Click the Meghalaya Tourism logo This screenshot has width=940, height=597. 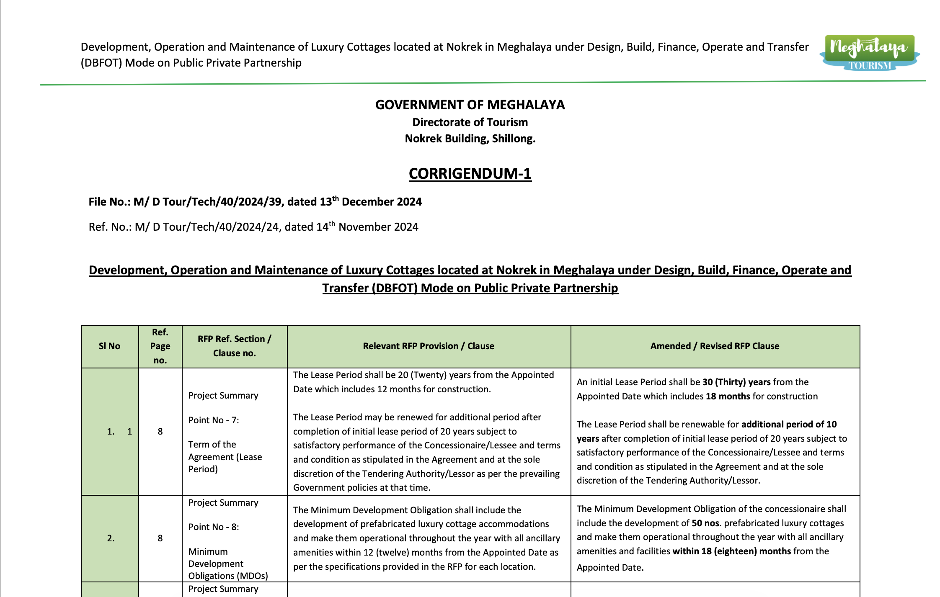click(x=869, y=53)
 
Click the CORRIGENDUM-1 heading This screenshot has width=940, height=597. click(x=470, y=173)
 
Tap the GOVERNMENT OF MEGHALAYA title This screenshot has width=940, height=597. click(x=470, y=105)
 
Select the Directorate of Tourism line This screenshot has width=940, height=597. click(x=470, y=122)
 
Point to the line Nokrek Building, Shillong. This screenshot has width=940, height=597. click(x=470, y=139)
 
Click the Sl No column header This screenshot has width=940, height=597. click(x=109, y=346)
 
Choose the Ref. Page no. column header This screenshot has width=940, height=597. click(x=160, y=346)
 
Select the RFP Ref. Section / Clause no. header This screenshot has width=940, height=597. click(x=235, y=346)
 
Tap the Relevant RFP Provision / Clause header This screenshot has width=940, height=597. click(x=429, y=346)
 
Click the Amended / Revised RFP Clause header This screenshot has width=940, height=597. click(x=715, y=346)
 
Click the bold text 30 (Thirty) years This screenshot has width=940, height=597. click(x=736, y=382)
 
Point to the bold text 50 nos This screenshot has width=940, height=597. click(x=705, y=523)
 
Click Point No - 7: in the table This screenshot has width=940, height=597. click(x=214, y=420)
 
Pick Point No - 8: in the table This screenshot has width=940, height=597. click(x=214, y=527)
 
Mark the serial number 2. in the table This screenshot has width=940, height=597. click(x=111, y=538)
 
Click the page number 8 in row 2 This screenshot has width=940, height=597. click(x=160, y=538)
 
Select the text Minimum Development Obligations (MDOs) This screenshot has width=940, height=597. click(x=228, y=564)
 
